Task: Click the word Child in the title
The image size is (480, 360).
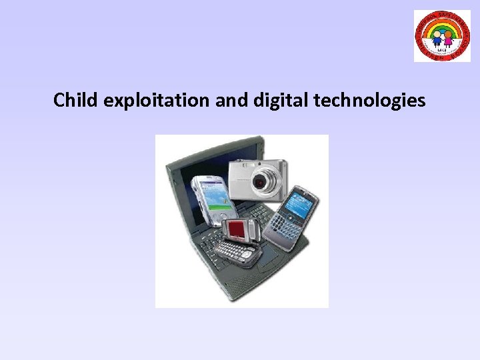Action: pyautogui.click(x=76, y=101)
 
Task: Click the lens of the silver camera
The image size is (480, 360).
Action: pyautogui.click(x=265, y=179)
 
